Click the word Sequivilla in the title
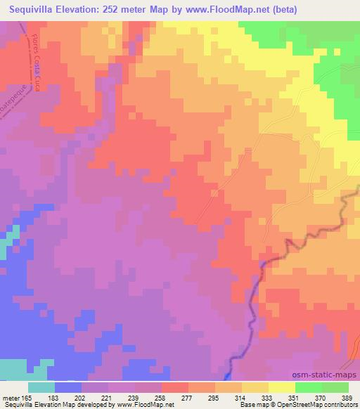[32, 10]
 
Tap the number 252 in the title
[115, 10]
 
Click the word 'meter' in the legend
[11, 397]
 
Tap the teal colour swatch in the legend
[41, 387]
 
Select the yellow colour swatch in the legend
[281, 387]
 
